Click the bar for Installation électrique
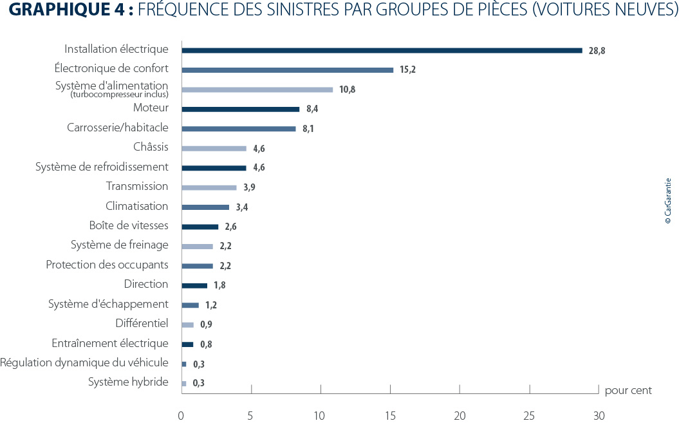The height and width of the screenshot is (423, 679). (382, 50)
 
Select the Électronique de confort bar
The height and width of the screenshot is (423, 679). (287, 70)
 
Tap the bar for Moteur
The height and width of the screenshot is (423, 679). (241, 109)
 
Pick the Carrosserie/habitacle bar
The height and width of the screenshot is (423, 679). (239, 129)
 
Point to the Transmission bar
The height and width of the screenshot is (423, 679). (209, 187)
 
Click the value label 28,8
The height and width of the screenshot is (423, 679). (597, 51)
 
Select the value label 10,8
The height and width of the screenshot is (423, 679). (347, 89)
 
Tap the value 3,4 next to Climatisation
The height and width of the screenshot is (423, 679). (243, 207)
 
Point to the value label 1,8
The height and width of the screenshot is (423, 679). (219, 285)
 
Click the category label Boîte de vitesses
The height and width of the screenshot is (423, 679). (129, 225)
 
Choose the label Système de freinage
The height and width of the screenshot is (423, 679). (120, 245)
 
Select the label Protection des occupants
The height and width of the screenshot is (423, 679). (107, 265)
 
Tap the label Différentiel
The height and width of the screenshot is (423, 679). (142, 323)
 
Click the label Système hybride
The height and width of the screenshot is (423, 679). (128, 382)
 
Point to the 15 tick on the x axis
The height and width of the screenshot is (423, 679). (389, 416)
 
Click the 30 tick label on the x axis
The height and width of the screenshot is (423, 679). (599, 416)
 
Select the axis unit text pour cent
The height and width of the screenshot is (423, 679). (628, 390)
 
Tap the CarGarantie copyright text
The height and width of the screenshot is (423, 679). (667, 201)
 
